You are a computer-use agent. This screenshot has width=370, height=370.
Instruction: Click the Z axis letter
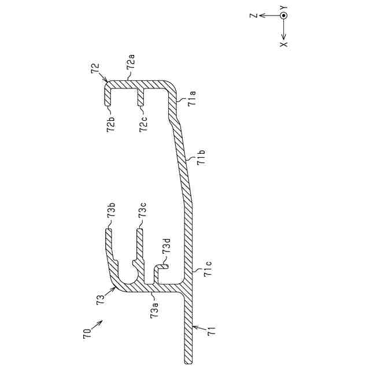click(253, 16)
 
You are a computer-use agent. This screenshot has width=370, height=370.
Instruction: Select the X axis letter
click(284, 45)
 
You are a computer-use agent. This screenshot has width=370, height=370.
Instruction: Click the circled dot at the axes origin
click(283, 16)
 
